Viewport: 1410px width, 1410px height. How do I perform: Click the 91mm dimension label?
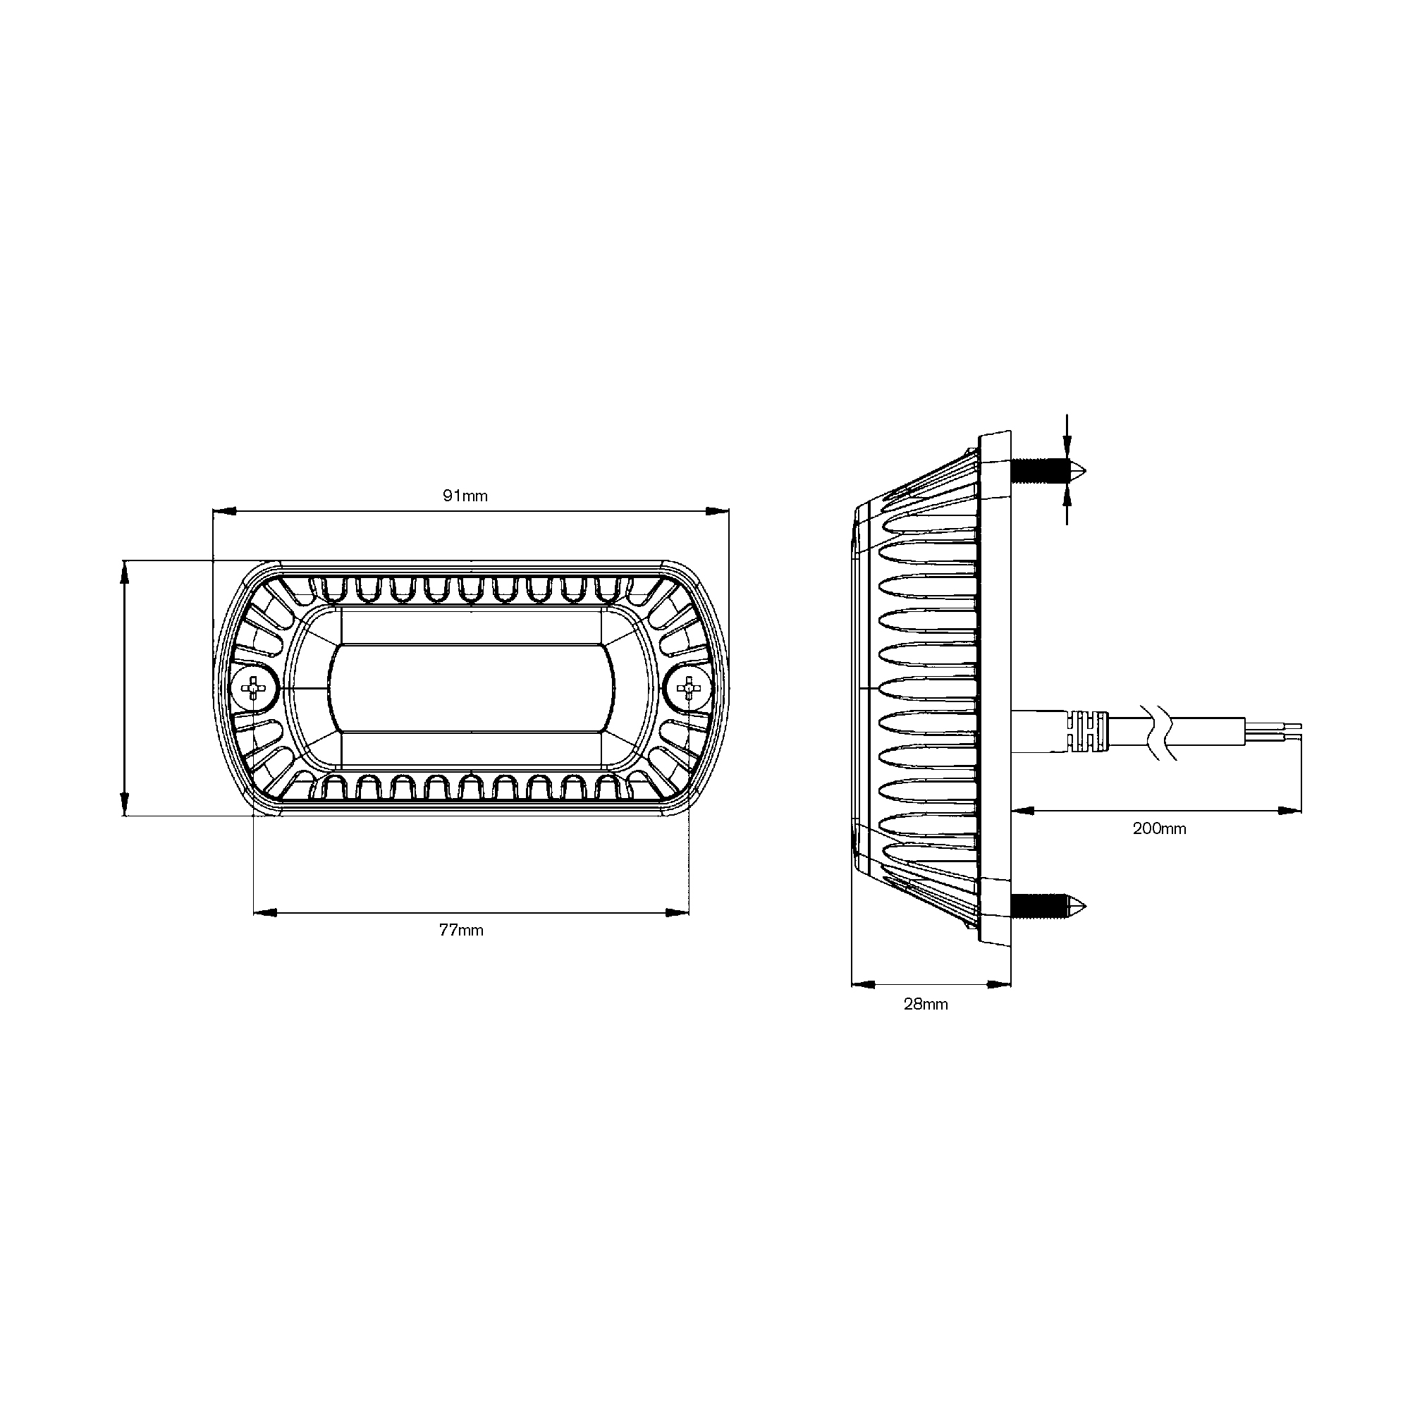pyautogui.click(x=465, y=496)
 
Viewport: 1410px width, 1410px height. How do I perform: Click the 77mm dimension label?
pyautogui.click(x=461, y=931)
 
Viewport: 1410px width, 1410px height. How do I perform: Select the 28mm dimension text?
pyautogui.click(x=926, y=1004)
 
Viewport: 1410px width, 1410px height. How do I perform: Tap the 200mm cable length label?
pyautogui.click(x=1159, y=829)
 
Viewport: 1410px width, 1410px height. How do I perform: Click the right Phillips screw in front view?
pyautogui.click(x=688, y=687)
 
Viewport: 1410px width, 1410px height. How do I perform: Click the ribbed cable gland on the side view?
pyautogui.click(x=1087, y=732)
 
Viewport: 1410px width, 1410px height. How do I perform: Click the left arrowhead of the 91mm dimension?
pyautogui.click(x=223, y=512)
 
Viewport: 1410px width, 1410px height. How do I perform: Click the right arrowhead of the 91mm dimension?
pyautogui.click(x=718, y=512)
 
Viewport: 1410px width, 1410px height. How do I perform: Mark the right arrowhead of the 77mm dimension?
pyautogui.click(x=678, y=912)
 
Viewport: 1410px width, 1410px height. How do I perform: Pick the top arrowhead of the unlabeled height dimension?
pyautogui.click(x=125, y=572)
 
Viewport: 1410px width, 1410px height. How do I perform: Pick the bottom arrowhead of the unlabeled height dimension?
pyautogui.click(x=125, y=804)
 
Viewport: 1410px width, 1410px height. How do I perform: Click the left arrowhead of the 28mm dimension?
pyautogui.click(x=863, y=984)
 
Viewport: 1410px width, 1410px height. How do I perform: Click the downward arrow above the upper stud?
pyautogui.click(x=1067, y=447)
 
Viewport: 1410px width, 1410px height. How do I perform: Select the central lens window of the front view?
pyautogui.click(x=471, y=687)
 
